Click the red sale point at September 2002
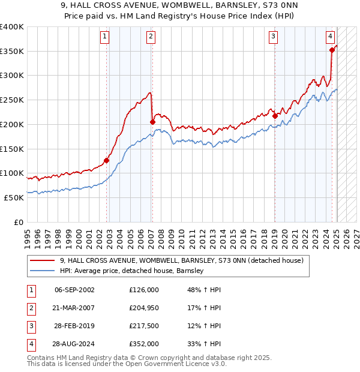[x=107, y=160]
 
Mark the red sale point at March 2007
[x=152, y=122]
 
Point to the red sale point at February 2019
[x=275, y=116]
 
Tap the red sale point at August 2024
[x=332, y=50]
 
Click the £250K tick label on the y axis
[x=12, y=100]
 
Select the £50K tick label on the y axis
[x=14, y=197]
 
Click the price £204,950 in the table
[x=144, y=308]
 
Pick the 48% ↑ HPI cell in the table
[x=205, y=290]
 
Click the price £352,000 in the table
[x=144, y=344]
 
